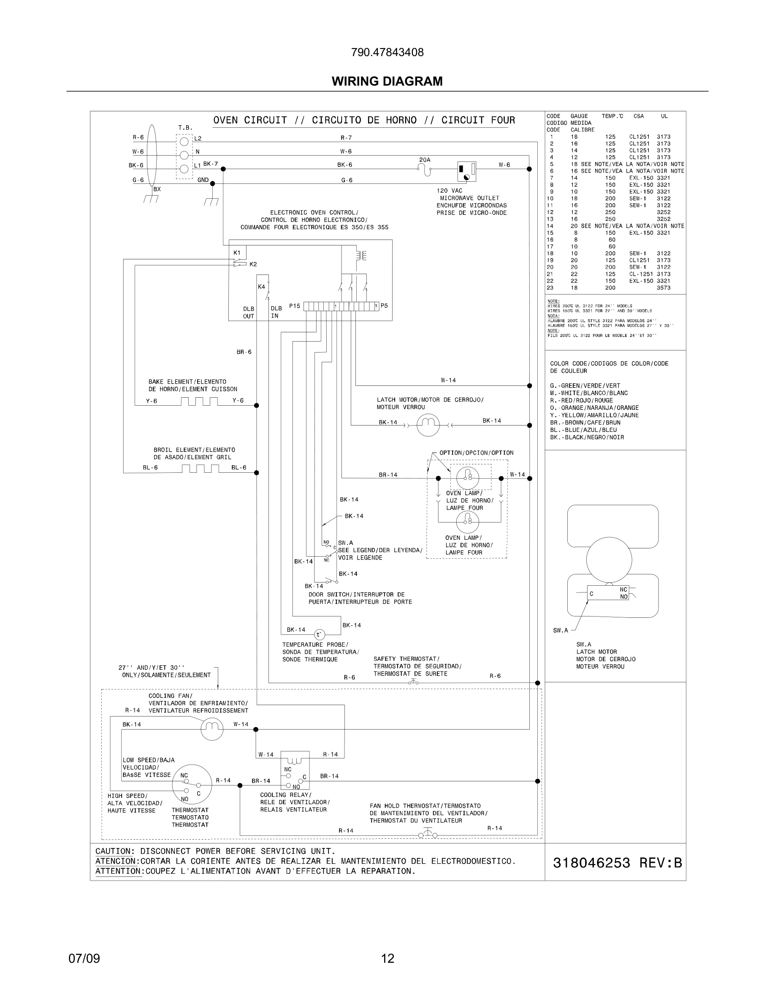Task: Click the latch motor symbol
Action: click(x=428, y=425)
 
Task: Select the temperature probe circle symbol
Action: click(x=319, y=635)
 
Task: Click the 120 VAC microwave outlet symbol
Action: click(x=466, y=172)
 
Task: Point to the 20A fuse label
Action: click(x=425, y=160)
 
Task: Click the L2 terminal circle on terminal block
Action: click(x=184, y=141)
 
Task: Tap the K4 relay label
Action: click(x=261, y=287)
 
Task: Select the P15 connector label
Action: click(x=294, y=306)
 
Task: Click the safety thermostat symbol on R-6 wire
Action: click(x=413, y=683)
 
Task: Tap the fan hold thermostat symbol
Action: click(x=428, y=834)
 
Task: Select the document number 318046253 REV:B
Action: click(x=617, y=863)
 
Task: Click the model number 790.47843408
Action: click(x=387, y=52)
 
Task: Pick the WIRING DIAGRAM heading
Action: click(x=387, y=81)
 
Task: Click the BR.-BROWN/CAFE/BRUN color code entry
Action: click(x=585, y=423)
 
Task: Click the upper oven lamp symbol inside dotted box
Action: click(x=467, y=478)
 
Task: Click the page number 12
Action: click(x=387, y=959)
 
